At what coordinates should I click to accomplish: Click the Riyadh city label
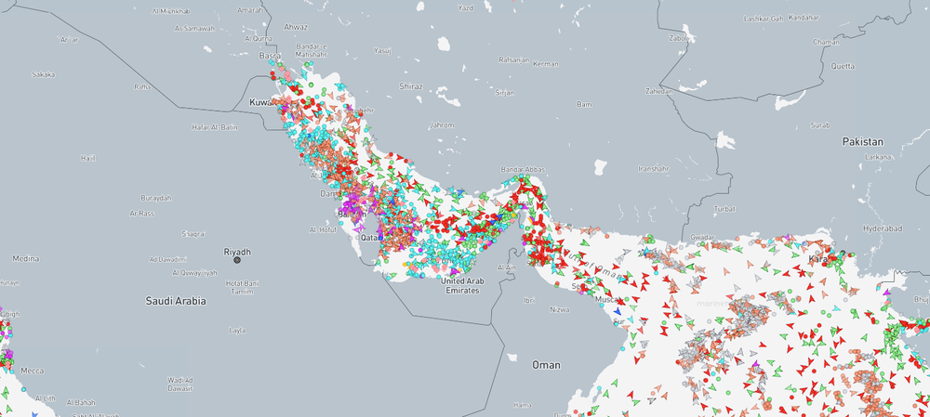[x=237, y=252]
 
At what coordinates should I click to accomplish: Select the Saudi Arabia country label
[x=176, y=301]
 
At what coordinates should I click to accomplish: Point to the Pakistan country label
[x=862, y=141]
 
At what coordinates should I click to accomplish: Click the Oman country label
[x=546, y=365]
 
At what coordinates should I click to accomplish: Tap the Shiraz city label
[x=410, y=86]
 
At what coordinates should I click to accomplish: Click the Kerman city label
[x=546, y=64]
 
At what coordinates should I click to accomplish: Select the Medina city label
[x=26, y=259]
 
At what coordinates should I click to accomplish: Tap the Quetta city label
[x=843, y=66]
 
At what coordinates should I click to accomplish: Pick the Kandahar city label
[x=804, y=18]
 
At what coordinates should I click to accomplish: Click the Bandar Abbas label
[x=524, y=170]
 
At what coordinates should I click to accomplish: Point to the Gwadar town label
[x=702, y=237]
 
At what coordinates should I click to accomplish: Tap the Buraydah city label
[x=156, y=198]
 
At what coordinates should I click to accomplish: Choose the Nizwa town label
[x=558, y=309]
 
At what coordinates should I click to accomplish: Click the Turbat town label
[x=725, y=209]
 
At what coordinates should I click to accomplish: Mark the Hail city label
[x=88, y=158]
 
